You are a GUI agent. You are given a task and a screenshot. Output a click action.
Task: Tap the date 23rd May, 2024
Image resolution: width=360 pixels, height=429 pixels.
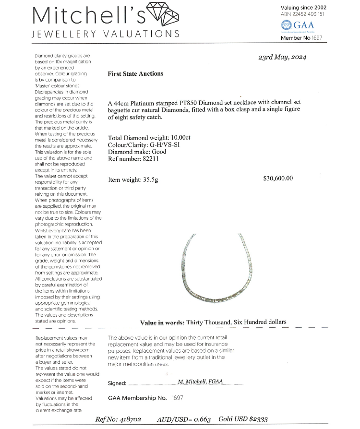click(x=282, y=57)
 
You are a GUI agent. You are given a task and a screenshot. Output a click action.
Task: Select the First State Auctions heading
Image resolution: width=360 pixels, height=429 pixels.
click(x=135, y=73)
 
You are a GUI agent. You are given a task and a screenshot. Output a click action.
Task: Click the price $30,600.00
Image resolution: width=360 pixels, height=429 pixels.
click(x=278, y=179)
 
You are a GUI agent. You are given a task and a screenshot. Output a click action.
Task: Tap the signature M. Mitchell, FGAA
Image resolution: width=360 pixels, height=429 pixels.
click(x=203, y=381)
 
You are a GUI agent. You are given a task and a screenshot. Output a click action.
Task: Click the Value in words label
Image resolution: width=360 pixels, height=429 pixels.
click(x=162, y=322)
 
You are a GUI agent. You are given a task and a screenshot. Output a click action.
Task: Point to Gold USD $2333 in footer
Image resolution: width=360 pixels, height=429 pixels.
click(x=244, y=419)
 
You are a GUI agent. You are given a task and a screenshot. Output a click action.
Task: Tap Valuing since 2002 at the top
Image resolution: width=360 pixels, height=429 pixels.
click(x=303, y=7)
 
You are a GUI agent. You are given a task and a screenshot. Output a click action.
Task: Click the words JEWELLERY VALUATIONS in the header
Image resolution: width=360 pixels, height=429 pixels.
click(x=106, y=34)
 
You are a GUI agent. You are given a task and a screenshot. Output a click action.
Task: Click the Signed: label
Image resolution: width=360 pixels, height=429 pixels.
click(x=117, y=383)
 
